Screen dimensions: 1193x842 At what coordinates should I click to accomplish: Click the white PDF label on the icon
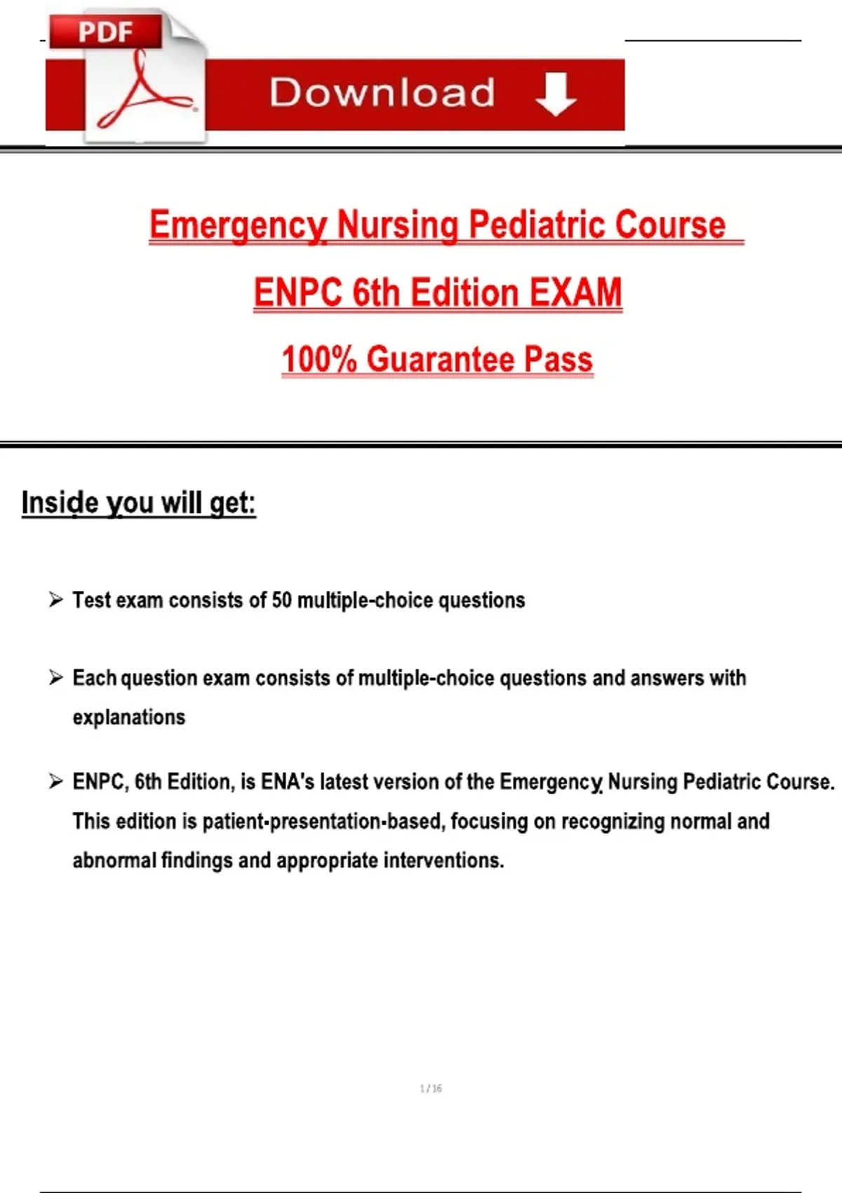(105, 32)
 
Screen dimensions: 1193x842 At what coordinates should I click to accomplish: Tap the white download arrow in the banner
(556, 95)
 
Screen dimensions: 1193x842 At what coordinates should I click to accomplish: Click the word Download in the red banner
(382, 93)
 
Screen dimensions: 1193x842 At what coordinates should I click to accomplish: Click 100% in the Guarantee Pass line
(319, 359)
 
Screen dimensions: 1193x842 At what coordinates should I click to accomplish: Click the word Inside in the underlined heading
(60, 502)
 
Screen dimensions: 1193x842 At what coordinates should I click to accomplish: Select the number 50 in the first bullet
(281, 601)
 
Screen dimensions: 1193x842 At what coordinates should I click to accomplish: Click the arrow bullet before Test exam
(55, 600)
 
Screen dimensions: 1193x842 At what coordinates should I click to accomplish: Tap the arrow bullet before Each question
(55, 678)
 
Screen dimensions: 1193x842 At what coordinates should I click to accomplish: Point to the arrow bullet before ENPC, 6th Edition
(55, 781)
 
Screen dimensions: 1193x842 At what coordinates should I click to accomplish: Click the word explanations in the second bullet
(129, 717)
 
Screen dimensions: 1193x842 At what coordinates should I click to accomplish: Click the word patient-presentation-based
(323, 821)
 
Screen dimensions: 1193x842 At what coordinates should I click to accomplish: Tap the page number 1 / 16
(431, 1088)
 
